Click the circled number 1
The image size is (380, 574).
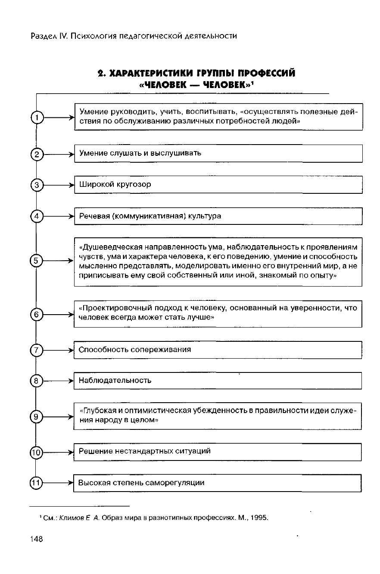click(37, 117)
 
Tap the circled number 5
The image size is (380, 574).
click(37, 261)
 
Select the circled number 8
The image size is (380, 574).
click(36, 381)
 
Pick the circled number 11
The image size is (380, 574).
click(36, 483)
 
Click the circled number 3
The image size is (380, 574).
click(37, 185)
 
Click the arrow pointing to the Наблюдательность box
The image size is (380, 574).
click(59, 381)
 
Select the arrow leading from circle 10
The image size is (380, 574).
click(58, 452)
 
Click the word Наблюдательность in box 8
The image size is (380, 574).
click(115, 381)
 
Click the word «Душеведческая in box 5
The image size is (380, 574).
click(108, 247)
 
